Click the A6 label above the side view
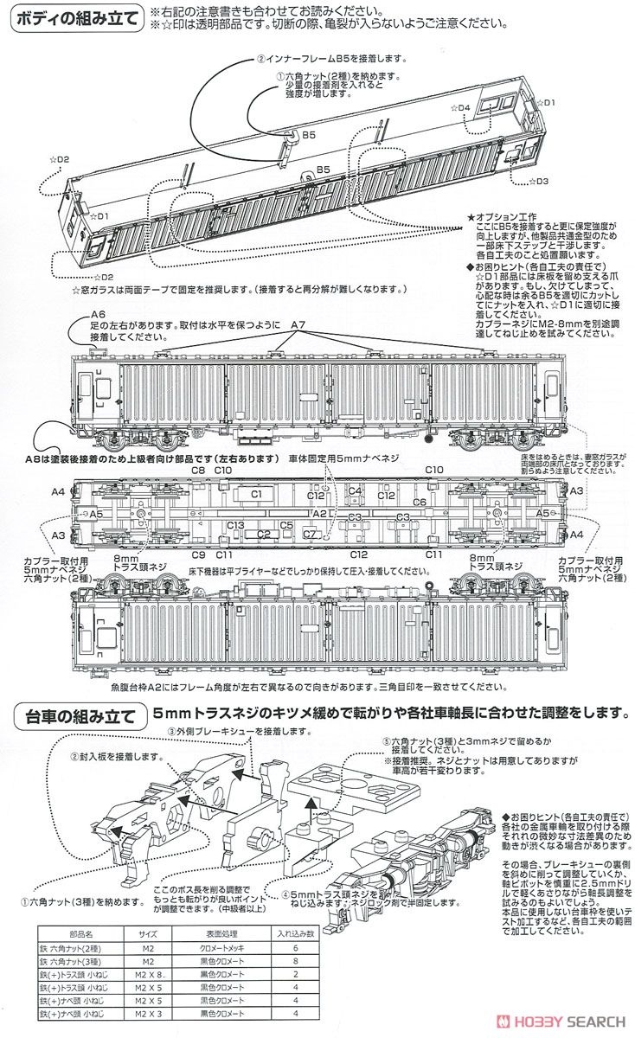click(97, 314)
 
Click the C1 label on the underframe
click(256, 492)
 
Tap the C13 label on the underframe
click(235, 526)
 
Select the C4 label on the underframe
click(355, 490)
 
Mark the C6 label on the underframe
click(420, 502)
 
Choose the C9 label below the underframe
click(198, 554)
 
